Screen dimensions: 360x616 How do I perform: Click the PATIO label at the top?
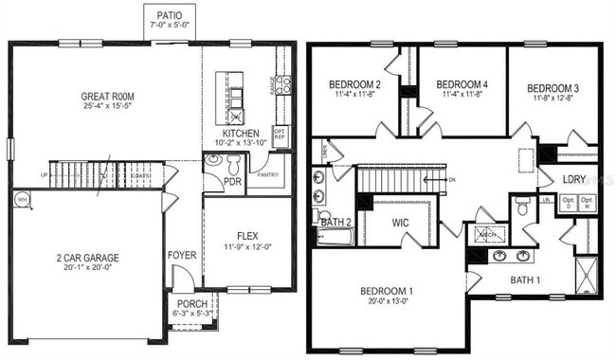tap(172, 15)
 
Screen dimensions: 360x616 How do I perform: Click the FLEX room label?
tap(247, 236)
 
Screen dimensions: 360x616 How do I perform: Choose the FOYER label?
tap(182, 254)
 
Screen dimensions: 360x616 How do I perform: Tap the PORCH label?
tap(192, 304)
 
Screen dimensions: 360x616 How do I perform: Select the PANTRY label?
tap(267, 173)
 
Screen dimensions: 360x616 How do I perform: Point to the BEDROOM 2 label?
tap(353, 83)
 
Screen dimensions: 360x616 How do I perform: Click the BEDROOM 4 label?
tap(462, 83)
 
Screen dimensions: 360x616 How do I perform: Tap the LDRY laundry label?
tap(572, 178)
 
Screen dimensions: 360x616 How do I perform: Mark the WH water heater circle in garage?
tap(23, 199)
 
